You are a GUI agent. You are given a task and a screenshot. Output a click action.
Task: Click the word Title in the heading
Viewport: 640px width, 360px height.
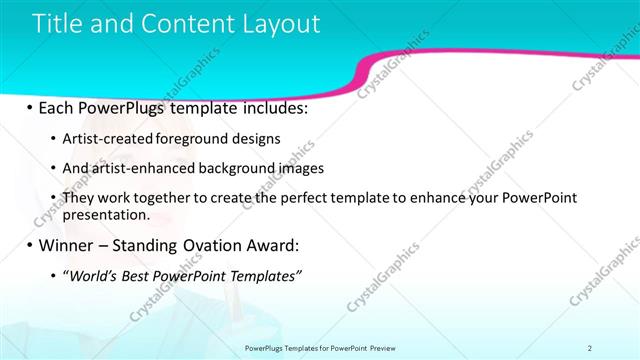[x=57, y=24]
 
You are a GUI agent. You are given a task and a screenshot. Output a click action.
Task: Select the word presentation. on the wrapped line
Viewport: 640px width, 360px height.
[x=106, y=214]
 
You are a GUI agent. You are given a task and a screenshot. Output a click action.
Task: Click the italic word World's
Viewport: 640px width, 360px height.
[x=92, y=275]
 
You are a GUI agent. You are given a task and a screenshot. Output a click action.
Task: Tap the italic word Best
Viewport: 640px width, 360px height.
[x=141, y=275]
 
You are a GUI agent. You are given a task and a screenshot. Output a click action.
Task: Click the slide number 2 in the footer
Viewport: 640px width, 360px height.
[x=590, y=348]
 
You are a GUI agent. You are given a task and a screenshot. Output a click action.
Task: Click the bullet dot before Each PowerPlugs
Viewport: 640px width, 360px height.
[x=29, y=107]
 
